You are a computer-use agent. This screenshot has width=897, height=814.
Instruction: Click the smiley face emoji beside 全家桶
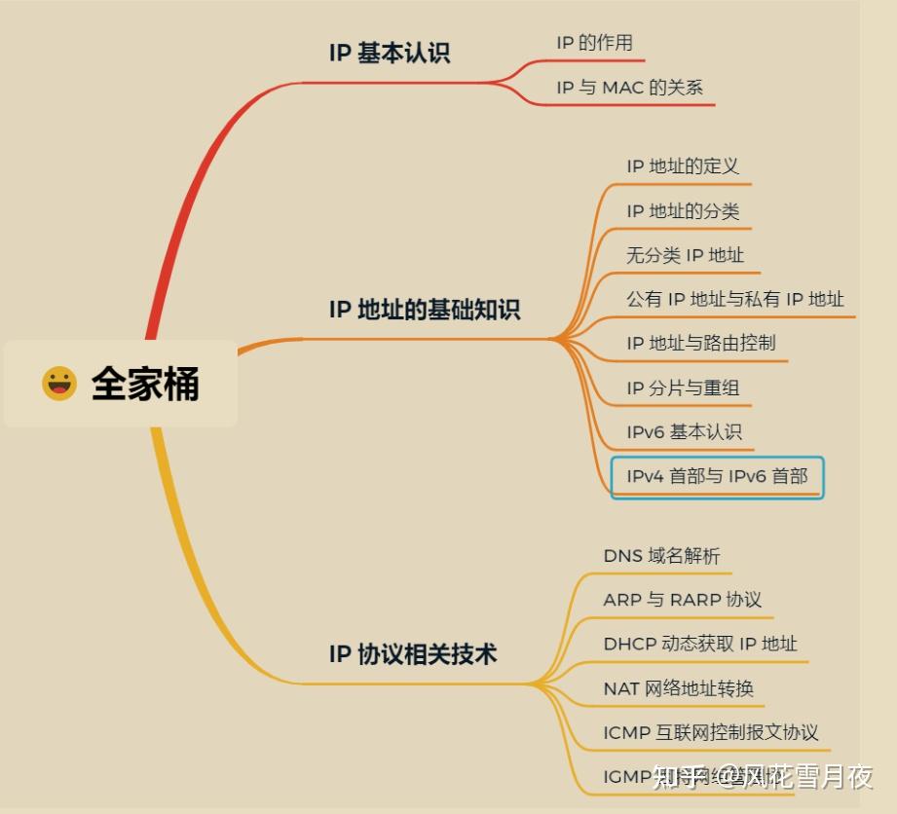(59, 384)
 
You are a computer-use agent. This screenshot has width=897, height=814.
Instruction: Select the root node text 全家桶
(145, 384)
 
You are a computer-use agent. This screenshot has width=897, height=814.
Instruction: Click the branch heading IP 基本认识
(390, 53)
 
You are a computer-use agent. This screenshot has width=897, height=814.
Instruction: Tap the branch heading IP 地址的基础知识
(425, 310)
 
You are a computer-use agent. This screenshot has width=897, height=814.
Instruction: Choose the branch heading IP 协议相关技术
(413, 653)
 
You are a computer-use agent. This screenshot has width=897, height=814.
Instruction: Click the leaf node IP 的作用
(594, 43)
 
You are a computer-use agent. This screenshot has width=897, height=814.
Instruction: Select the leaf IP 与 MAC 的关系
(629, 88)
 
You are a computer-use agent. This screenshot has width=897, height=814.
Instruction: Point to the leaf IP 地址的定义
(683, 166)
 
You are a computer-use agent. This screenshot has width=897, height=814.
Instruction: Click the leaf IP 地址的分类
(683, 211)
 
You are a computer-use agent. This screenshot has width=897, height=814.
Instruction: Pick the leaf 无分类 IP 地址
(685, 255)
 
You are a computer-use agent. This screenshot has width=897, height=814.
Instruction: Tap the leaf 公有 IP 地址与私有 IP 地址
(735, 299)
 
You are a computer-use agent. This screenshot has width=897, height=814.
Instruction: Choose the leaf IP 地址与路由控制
(701, 343)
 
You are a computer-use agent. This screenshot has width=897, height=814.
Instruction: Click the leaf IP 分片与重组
(683, 388)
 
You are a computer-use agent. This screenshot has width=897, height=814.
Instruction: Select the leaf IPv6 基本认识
(685, 431)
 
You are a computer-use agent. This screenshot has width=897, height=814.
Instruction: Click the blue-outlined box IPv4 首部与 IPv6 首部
(717, 477)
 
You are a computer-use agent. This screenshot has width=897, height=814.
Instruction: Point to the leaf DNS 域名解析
(661, 556)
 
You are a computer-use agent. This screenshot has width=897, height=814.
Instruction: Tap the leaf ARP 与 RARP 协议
(682, 600)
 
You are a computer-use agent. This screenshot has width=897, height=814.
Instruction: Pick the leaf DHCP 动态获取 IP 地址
(700, 644)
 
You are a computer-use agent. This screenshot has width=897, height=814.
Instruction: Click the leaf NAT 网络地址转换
(678, 688)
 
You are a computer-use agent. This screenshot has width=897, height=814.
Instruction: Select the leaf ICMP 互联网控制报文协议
(711, 732)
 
